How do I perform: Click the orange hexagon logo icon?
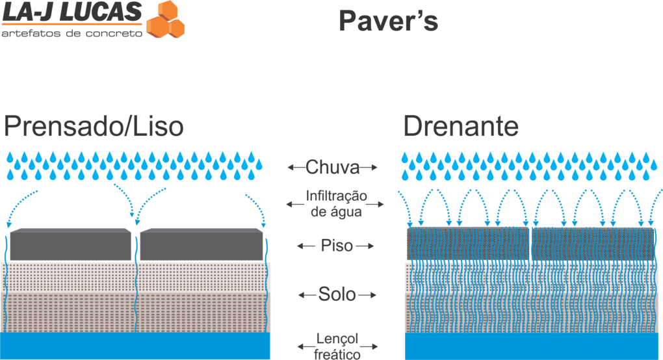(x=166, y=19)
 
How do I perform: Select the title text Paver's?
(x=388, y=22)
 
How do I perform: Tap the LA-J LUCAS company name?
(x=71, y=11)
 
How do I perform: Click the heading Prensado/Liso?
(x=93, y=126)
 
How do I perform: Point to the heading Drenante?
(x=461, y=126)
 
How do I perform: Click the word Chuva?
(x=332, y=168)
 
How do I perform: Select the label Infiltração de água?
(x=336, y=203)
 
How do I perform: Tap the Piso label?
(x=336, y=246)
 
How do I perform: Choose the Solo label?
(x=337, y=294)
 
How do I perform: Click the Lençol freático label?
(x=337, y=346)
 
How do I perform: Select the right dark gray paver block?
(x=201, y=245)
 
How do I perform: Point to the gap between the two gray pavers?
(x=136, y=246)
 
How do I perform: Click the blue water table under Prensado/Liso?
(x=135, y=346)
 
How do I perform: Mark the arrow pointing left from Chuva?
(x=296, y=168)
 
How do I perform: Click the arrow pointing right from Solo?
(x=368, y=295)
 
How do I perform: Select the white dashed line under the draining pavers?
(x=530, y=261)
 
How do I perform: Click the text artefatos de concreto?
(x=71, y=32)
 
